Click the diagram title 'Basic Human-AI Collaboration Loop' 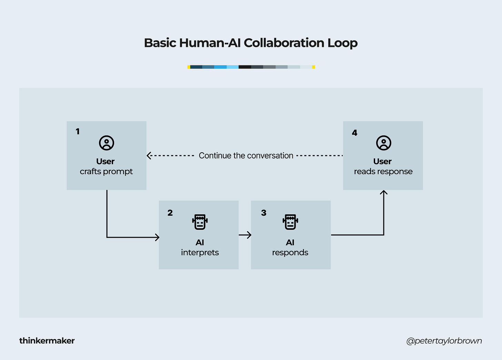(x=251, y=43)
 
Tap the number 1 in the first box (x=78, y=131)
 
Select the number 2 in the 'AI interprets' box (x=170, y=213)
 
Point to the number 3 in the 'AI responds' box (x=264, y=213)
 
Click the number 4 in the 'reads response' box (x=354, y=133)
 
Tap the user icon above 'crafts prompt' (x=107, y=143)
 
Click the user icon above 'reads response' (x=383, y=143)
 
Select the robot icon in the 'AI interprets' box (x=200, y=222)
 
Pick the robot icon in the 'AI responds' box (x=290, y=222)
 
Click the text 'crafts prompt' (x=106, y=172)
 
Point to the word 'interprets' (x=200, y=253)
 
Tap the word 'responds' (x=290, y=253)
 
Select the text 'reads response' (x=383, y=172)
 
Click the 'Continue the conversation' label (x=246, y=156)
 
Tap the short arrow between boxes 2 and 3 (x=245, y=235)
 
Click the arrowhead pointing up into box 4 (x=384, y=193)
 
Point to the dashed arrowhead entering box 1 (x=149, y=156)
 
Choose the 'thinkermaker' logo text (x=47, y=341)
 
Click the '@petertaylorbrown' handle (x=444, y=341)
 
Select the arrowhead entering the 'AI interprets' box (x=157, y=237)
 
